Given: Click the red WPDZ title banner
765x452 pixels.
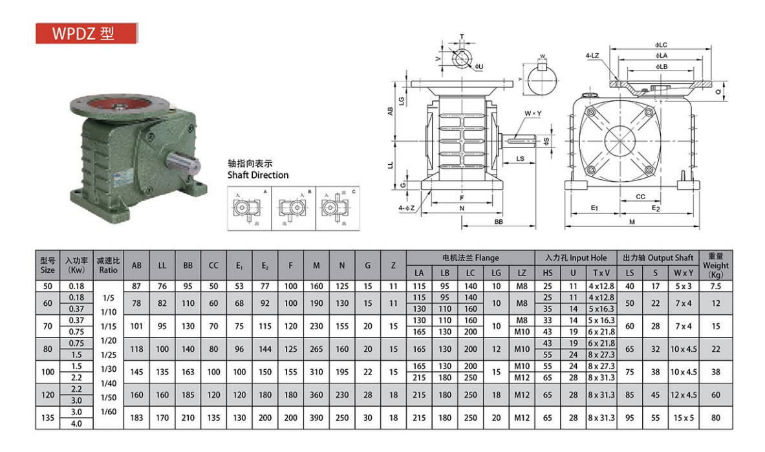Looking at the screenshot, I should tap(86, 34).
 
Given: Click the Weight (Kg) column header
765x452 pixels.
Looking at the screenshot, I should tap(715, 265).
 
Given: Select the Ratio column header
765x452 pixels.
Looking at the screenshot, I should tap(107, 265).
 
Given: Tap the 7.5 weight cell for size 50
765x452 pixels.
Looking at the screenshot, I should tap(715, 286).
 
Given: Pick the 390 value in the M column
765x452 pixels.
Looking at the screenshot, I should tap(316, 418).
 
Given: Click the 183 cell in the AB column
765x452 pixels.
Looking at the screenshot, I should tap(136, 418).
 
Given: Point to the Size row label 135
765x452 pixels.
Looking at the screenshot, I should tap(47, 418).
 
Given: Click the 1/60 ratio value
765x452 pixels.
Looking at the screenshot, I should tap(107, 411).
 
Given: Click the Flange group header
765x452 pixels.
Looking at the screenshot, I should tap(470, 257).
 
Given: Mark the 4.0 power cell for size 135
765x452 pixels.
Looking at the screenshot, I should tap(76, 424).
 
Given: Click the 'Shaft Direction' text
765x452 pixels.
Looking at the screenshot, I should tap(258, 175).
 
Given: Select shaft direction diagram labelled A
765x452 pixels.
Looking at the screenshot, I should tap(249, 208).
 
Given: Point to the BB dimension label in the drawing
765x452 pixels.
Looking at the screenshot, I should tap(499, 222).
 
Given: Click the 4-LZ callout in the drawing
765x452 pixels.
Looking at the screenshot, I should tap(592, 56).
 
